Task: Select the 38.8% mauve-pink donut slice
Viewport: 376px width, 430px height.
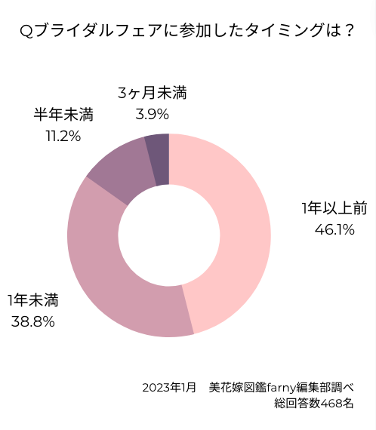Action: click(113, 279)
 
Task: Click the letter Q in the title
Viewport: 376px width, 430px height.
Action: click(26, 31)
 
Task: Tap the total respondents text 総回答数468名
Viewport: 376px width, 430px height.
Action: click(314, 404)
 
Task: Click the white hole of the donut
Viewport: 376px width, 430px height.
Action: click(168, 235)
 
